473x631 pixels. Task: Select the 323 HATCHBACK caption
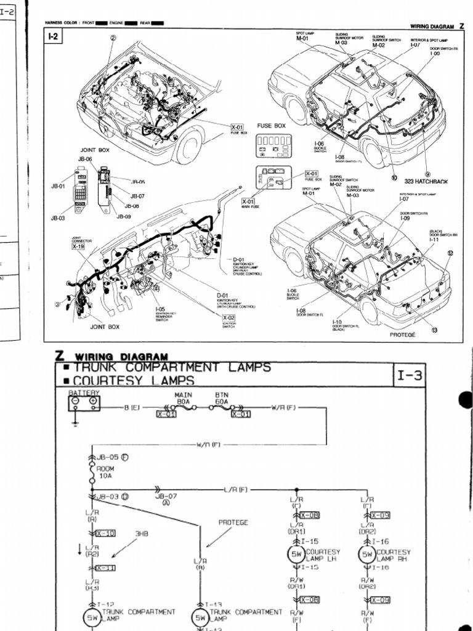(426, 182)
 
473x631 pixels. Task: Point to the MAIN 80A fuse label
(183, 399)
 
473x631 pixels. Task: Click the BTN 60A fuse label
(222, 399)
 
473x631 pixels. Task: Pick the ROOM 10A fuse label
(105, 471)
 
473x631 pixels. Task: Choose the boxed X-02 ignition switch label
(228, 318)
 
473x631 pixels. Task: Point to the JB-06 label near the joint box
(84, 159)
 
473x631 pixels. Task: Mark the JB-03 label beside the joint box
(57, 218)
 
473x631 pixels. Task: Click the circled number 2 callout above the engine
(113, 37)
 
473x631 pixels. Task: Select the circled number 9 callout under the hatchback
(427, 174)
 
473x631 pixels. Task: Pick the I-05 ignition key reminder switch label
(160, 309)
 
